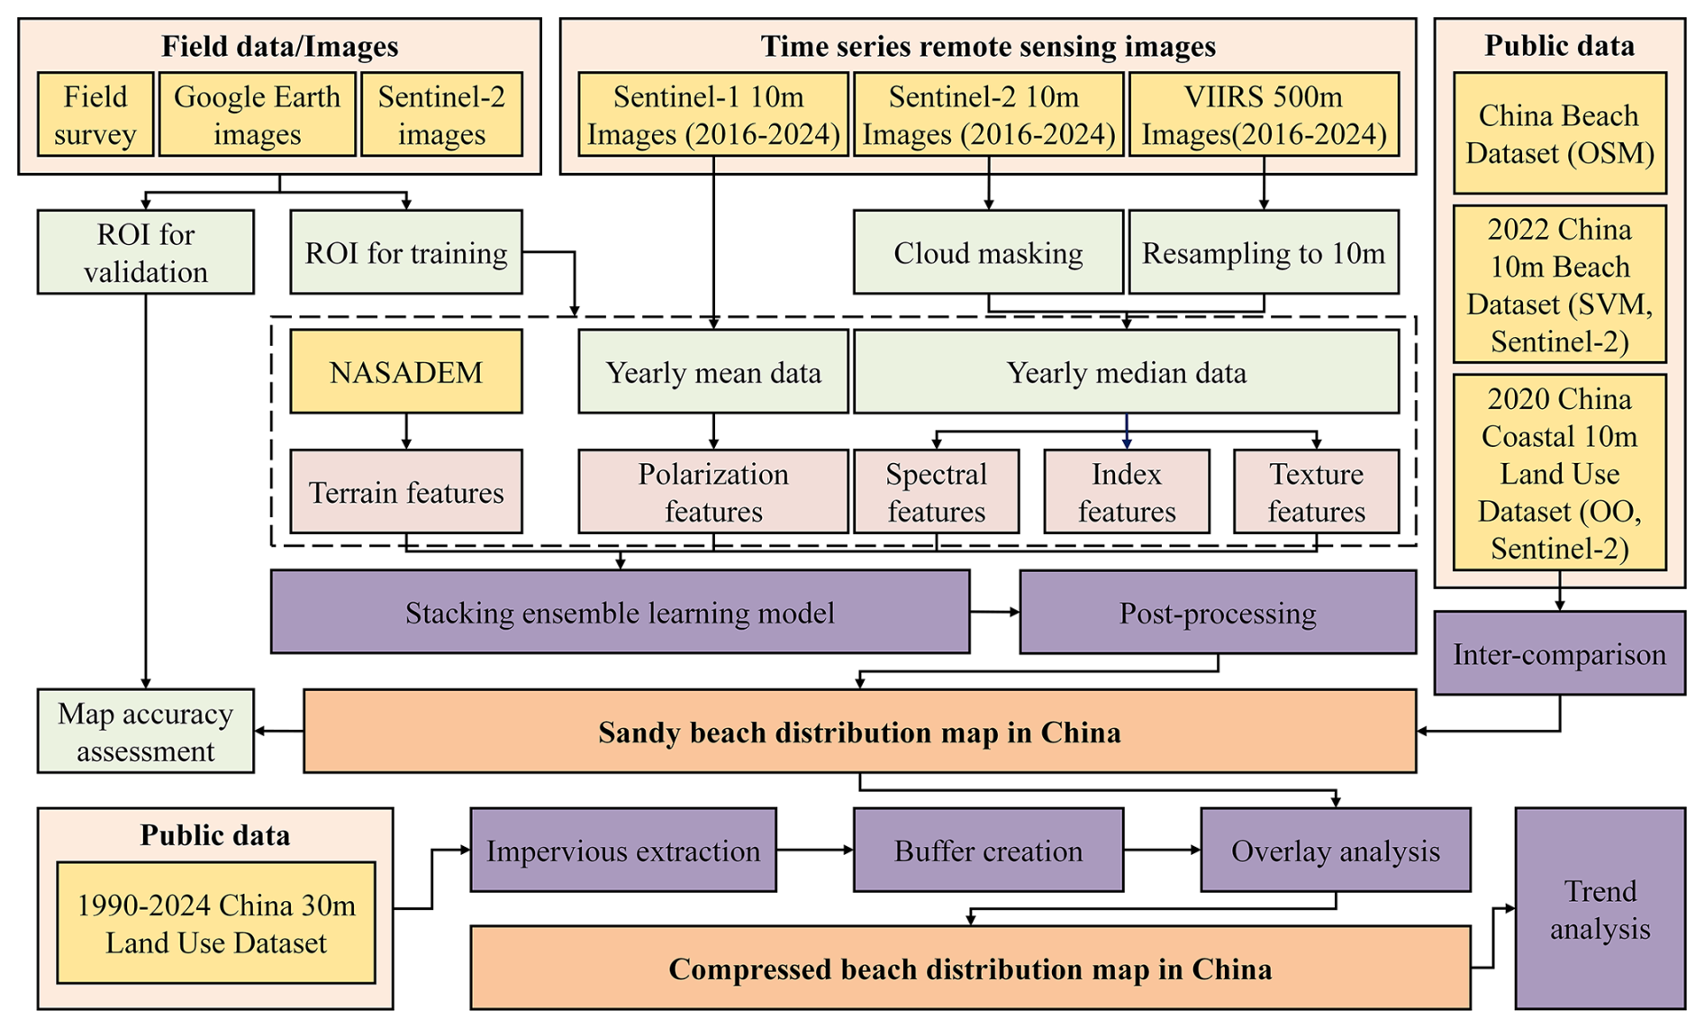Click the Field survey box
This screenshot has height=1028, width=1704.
[95, 114]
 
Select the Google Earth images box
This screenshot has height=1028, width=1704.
[257, 114]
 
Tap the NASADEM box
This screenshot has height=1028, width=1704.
[405, 371]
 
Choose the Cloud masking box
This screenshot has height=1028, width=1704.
[988, 252]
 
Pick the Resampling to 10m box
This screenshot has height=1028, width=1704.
[1263, 252]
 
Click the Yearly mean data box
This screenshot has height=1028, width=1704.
[712, 371]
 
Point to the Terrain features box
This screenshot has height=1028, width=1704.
[405, 492]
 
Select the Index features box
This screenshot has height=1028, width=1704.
[1126, 492]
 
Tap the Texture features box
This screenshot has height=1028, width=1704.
[1316, 492]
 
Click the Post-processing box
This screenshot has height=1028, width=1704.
[1217, 612]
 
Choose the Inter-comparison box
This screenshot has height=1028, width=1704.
[1559, 653]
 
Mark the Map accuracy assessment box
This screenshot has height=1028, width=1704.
[145, 731]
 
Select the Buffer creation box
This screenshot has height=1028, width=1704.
[988, 850]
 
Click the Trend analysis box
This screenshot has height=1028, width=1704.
[1600, 908]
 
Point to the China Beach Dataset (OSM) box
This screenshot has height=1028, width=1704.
[1559, 133]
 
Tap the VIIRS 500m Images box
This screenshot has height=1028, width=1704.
[1263, 114]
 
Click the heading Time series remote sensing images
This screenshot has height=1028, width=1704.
[988, 46]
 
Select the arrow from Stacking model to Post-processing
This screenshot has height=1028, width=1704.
[994, 612]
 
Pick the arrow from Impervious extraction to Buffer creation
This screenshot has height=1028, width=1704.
[814, 850]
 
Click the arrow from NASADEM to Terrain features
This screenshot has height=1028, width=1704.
[406, 431]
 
